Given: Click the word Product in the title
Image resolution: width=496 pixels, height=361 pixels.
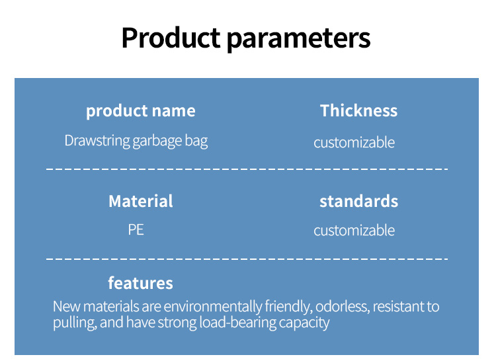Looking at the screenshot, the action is (x=171, y=38).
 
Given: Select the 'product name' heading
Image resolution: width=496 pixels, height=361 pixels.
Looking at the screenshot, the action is (x=141, y=111).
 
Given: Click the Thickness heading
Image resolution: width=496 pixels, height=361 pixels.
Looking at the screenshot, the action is (x=358, y=110).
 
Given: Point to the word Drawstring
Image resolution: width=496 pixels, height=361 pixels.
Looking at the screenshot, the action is (x=97, y=141).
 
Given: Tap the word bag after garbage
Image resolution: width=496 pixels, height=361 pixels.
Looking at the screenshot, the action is (x=196, y=141).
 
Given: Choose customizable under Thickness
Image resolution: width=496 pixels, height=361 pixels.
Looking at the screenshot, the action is (x=354, y=143).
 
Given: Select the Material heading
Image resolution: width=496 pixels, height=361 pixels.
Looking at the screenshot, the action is (x=141, y=201).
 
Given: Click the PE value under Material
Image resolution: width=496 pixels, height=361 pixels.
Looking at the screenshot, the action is (x=136, y=230).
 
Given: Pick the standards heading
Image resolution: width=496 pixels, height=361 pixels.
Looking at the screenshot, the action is (x=358, y=201).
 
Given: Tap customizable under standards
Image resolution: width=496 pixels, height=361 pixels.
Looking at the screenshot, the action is (x=354, y=231).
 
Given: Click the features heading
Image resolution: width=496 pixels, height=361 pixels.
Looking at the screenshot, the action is (x=140, y=283).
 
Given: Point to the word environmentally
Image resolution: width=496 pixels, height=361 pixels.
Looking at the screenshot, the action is (x=213, y=307).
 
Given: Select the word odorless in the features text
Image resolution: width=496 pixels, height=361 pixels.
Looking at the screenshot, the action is (x=343, y=307).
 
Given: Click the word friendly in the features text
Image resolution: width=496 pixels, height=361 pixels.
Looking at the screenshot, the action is (x=288, y=307).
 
